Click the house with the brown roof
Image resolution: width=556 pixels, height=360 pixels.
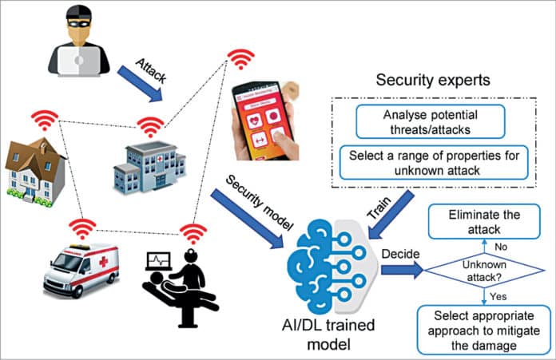point(34,168)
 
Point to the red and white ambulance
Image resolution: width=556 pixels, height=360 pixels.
point(81,268)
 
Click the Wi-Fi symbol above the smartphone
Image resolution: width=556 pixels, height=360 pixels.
point(239,59)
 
